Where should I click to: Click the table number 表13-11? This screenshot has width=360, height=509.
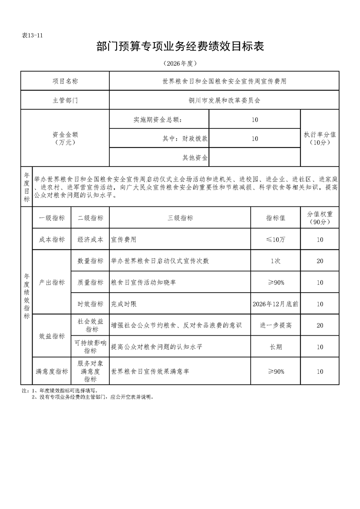(x=32, y=36)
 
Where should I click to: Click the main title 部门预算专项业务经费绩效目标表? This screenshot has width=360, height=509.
(x=180, y=47)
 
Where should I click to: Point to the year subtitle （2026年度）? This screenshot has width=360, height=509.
(x=180, y=63)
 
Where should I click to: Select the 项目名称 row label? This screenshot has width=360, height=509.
(x=65, y=82)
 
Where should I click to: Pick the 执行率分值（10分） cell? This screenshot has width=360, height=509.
(x=320, y=138)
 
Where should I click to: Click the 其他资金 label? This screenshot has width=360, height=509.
(x=195, y=157)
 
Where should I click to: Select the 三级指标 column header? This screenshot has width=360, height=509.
(x=180, y=218)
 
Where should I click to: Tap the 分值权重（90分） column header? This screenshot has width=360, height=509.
(x=320, y=218)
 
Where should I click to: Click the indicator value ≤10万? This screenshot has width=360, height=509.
(x=276, y=239)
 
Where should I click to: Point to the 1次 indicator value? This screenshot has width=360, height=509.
(x=276, y=260)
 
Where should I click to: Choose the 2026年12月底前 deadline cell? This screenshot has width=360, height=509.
(x=276, y=304)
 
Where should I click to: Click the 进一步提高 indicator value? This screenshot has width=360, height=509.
(x=276, y=325)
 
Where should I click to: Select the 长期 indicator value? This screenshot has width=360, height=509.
(x=276, y=347)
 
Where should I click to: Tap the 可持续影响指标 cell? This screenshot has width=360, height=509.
(x=90, y=347)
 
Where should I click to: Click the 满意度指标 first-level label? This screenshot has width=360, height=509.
(x=52, y=372)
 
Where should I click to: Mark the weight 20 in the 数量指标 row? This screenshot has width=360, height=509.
(x=320, y=260)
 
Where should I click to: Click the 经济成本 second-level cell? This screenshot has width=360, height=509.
(x=90, y=239)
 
